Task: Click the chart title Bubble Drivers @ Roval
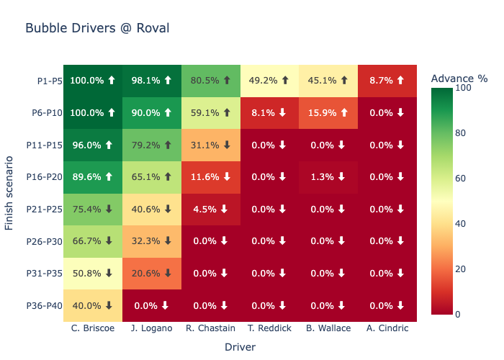(97, 28)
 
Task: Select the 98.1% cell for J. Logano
(151, 81)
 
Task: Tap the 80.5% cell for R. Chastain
(210, 81)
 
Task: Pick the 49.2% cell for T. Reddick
(269, 81)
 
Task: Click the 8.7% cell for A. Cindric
(387, 81)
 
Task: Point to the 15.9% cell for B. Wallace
(328, 113)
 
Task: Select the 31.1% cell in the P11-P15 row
(210, 145)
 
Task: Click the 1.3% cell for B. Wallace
(328, 177)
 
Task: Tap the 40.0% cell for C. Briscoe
(92, 305)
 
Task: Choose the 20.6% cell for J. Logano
(151, 274)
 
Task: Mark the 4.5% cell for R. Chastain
(210, 209)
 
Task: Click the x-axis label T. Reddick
(269, 328)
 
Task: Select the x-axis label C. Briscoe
(92, 328)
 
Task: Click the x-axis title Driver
(240, 346)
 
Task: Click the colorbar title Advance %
(459, 78)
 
